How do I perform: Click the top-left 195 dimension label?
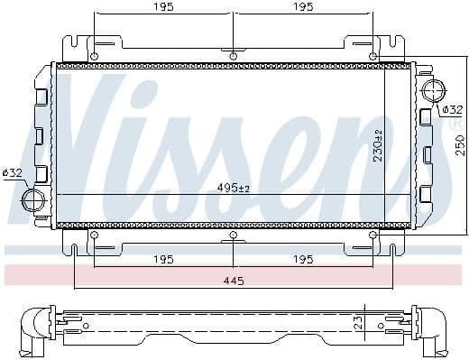(x=163, y=7)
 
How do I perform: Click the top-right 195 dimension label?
(x=303, y=7)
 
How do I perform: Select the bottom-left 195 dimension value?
(x=163, y=260)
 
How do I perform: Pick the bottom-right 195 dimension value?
(x=303, y=260)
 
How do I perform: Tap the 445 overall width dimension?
(x=233, y=281)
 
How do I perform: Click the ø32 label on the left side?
(x=12, y=171)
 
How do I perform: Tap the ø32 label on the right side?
(x=453, y=109)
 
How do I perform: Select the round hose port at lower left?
(x=34, y=198)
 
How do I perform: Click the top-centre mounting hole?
(x=234, y=56)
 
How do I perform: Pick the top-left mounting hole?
(x=94, y=56)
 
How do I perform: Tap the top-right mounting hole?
(x=373, y=56)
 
